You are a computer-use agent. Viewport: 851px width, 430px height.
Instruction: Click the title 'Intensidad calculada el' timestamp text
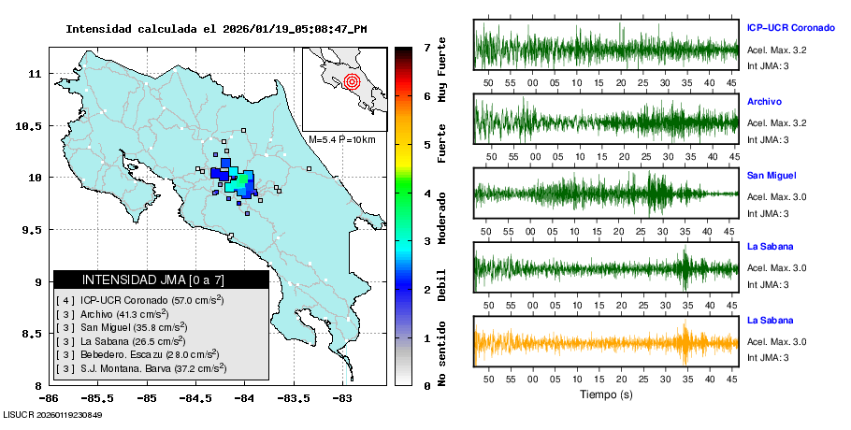(215, 29)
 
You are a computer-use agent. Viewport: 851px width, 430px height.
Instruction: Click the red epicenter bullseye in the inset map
(352, 81)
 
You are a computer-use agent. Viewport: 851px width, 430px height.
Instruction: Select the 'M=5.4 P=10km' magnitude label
(341, 140)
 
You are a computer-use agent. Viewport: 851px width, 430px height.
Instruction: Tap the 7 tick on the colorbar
(426, 47)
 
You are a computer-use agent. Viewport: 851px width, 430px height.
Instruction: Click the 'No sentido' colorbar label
(442, 355)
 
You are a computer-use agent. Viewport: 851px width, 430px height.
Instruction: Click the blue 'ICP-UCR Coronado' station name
(790, 28)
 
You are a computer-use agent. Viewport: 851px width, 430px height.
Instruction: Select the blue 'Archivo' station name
(764, 101)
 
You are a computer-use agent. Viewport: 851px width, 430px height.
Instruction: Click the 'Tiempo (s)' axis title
(606, 394)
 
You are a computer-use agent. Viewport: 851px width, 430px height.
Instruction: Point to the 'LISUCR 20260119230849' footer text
(52, 414)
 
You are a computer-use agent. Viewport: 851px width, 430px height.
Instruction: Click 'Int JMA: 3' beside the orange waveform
(768, 357)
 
